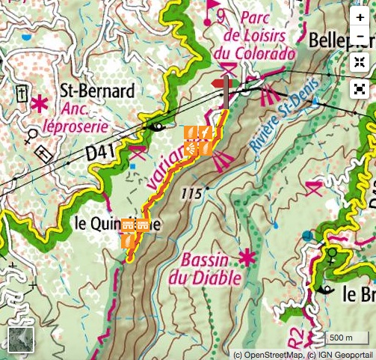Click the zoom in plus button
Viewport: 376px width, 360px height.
360,17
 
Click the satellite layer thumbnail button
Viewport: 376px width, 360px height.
20,340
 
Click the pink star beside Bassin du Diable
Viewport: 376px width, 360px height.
247,259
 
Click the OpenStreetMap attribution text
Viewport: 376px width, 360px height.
267,354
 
